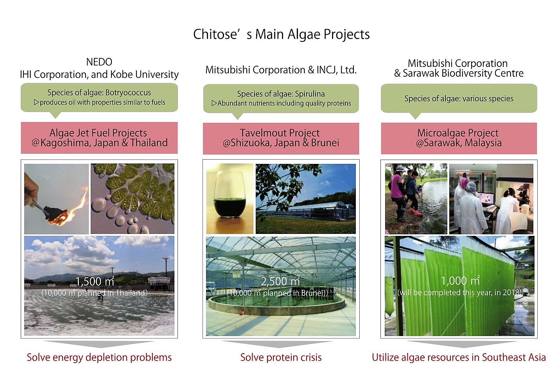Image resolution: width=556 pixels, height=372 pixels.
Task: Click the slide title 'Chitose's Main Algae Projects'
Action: click(281, 34)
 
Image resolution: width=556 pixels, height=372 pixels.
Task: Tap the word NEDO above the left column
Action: click(99, 62)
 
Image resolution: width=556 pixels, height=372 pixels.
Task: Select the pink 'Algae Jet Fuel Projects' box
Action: click(99, 138)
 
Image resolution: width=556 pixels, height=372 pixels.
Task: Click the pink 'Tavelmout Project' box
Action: click(281, 138)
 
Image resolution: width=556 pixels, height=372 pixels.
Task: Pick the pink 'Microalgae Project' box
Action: click(459, 138)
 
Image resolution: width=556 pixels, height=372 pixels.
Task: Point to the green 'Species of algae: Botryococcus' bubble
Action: click(99, 97)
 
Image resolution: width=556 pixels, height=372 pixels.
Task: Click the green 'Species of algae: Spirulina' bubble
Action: click(281, 99)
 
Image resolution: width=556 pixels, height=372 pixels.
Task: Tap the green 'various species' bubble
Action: click(459, 99)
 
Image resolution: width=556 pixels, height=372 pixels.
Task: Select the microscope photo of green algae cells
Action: click(133, 198)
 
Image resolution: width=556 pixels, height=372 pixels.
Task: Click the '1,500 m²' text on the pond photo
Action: click(95, 282)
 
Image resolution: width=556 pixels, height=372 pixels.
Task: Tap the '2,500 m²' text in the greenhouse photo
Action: click(280, 281)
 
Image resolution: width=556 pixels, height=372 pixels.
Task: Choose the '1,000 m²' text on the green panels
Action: click(460, 281)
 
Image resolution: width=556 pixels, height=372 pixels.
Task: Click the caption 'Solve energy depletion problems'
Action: click(99, 357)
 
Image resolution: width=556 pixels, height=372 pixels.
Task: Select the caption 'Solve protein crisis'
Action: click(281, 357)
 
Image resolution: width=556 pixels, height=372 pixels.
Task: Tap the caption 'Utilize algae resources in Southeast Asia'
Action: click(459, 357)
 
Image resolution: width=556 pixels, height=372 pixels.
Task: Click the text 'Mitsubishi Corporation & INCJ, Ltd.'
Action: click(281, 70)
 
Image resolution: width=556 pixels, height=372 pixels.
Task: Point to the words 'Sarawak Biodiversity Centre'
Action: click(463, 74)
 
